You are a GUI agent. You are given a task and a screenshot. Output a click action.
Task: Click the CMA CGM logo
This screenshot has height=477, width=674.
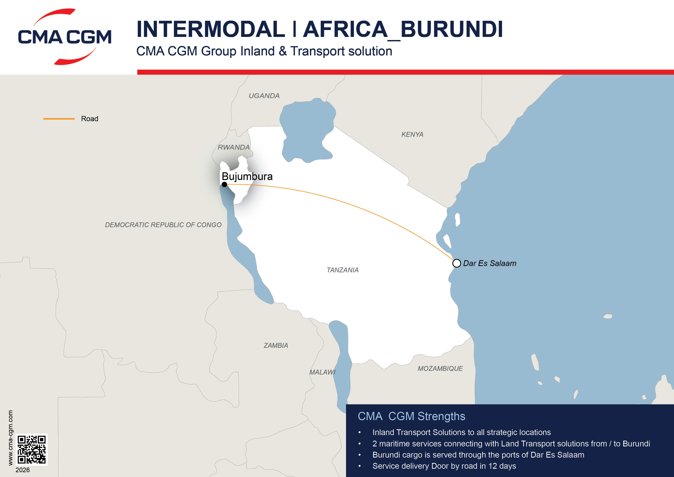pos(65,37)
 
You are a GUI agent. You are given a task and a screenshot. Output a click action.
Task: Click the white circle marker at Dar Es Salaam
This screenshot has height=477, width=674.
pos(457,263)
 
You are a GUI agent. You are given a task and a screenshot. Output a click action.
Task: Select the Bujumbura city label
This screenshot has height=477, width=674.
pos(247,176)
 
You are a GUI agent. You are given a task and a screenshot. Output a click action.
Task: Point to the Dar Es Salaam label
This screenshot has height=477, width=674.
pos(489,263)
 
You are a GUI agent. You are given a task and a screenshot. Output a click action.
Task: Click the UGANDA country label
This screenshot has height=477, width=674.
pos(264,96)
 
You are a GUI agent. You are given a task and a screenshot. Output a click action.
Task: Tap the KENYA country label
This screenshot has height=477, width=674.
pos(412,135)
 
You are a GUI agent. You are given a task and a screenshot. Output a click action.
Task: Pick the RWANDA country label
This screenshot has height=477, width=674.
pos(234,147)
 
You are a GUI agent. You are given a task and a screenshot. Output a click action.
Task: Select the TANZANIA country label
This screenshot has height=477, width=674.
pos(343,270)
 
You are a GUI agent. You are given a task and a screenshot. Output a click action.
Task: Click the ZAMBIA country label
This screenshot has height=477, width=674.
pos(276,346)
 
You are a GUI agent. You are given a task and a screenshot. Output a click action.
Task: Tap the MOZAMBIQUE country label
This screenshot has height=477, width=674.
pos(440,369)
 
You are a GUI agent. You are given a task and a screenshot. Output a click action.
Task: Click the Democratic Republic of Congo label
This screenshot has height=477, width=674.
pos(163,225)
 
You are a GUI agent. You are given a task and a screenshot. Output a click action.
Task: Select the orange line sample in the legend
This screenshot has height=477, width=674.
pos(59,119)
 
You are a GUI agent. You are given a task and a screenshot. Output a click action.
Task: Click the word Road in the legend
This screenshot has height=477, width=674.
pos(90,119)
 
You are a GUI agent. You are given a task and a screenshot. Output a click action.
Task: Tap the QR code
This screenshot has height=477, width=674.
pos(31,449)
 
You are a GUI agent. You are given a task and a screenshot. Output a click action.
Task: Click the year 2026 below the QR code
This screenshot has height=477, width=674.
pos(23,470)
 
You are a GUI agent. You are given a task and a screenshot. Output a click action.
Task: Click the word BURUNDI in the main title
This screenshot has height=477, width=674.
pos(452,29)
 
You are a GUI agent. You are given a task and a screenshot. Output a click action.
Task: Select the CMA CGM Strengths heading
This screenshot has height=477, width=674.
pos(411,416)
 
